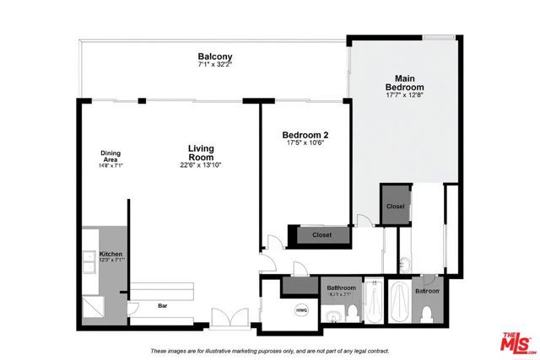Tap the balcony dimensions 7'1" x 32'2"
point(215,64)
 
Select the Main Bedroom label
point(404,83)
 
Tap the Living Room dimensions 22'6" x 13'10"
point(201,165)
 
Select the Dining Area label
point(111,157)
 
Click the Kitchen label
point(111,254)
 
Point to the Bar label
point(162,305)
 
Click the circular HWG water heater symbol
point(301,310)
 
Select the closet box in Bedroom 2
point(321,235)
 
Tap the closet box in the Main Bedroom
point(395,207)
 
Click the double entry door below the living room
point(229,318)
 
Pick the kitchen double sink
point(89,262)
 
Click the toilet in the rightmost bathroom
point(428,314)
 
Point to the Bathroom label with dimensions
point(340,291)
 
